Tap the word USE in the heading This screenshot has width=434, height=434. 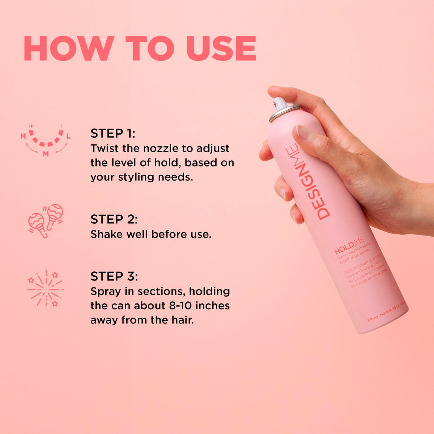[221, 49]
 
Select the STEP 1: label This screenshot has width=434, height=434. [112, 133]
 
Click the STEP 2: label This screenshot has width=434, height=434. [114, 219]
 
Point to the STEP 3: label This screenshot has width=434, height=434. [114, 276]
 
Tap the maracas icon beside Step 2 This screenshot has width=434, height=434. [45, 221]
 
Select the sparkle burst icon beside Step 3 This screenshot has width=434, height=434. [45, 288]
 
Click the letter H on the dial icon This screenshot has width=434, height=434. [23, 137]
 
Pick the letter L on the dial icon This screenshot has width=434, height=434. [68, 137]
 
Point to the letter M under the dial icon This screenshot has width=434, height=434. [46, 154]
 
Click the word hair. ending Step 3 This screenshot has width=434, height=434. [181, 320]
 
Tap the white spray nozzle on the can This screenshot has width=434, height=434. [280, 104]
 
